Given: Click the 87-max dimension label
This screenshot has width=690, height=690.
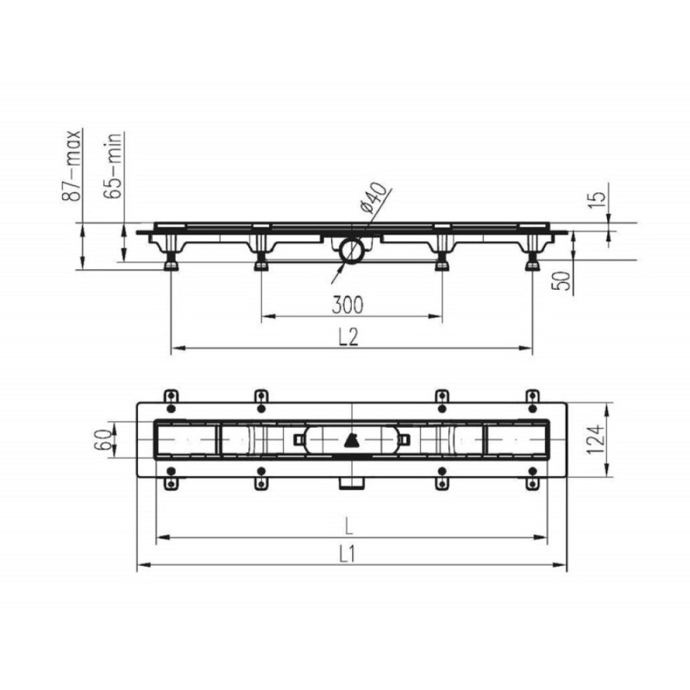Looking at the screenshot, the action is tap(72, 166).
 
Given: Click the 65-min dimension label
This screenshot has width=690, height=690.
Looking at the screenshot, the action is tap(113, 166).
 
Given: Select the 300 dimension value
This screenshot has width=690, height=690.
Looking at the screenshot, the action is tap(348, 305).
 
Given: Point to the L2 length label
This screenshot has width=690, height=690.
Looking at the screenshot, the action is tap(349, 337).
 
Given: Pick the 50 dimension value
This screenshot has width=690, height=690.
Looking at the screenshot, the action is tap(561, 281).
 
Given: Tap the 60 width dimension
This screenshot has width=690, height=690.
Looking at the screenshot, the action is tap(103, 440).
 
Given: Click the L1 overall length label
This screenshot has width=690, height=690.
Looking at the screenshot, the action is tap(348, 555).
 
